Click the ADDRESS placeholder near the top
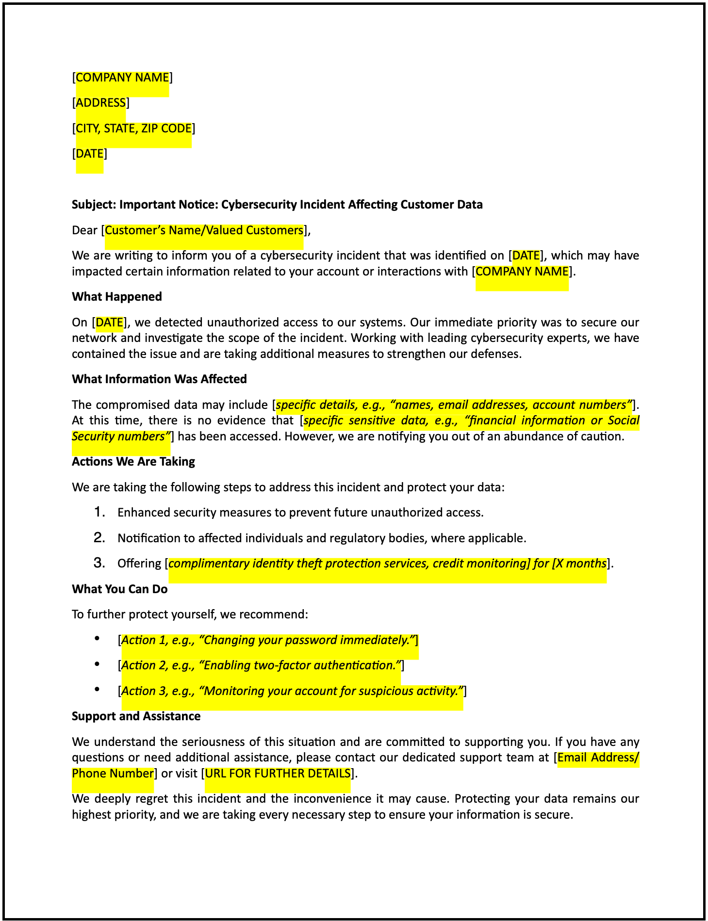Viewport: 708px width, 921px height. click(x=101, y=103)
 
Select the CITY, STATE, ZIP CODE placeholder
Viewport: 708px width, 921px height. click(x=133, y=129)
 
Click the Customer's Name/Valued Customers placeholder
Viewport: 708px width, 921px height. click(x=204, y=230)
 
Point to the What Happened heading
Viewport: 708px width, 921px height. click(x=116, y=297)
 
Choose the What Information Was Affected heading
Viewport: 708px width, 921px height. click(x=159, y=379)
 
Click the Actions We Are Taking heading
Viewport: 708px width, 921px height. click(x=133, y=462)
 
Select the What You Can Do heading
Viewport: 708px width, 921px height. click(x=119, y=589)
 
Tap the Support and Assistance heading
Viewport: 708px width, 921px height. click(x=136, y=716)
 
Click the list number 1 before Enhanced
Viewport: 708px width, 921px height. click(x=99, y=512)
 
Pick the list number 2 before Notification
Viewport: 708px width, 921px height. click(x=99, y=538)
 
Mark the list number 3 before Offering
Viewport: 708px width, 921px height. click(x=99, y=563)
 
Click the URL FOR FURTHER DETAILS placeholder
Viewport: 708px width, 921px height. click(x=278, y=774)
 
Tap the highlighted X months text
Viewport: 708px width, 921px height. click(x=580, y=564)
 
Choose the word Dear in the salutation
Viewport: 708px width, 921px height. click(x=84, y=230)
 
